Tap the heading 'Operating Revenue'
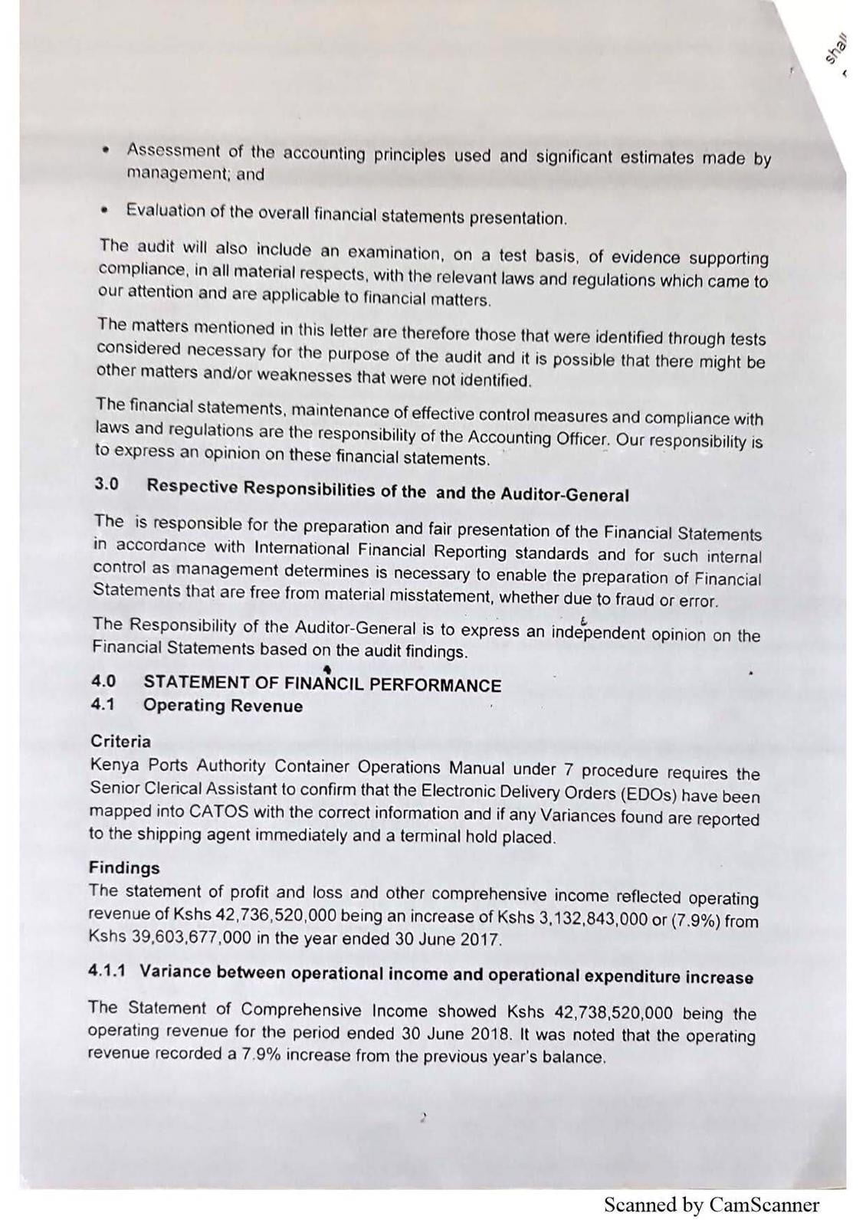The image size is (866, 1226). [x=222, y=706]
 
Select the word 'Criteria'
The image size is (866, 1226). [x=120, y=741]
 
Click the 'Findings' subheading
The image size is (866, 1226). [x=124, y=867]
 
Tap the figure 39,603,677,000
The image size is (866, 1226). [x=183, y=936]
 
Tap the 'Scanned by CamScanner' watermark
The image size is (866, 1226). [x=711, y=1205]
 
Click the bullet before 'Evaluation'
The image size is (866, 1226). [x=108, y=208]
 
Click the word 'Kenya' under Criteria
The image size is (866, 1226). [x=114, y=765]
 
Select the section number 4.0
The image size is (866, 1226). [x=103, y=680]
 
